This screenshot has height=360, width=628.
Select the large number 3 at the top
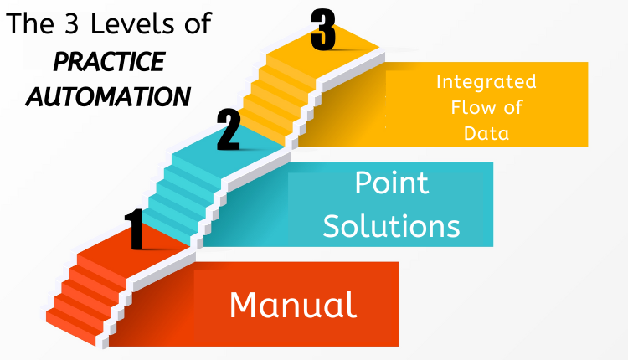click(x=323, y=31)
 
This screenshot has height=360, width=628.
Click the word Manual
click(x=293, y=305)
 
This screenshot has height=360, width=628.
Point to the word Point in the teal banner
click(x=392, y=183)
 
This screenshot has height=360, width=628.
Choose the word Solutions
click(x=392, y=225)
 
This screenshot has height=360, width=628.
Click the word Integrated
click(x=486, y=83)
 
